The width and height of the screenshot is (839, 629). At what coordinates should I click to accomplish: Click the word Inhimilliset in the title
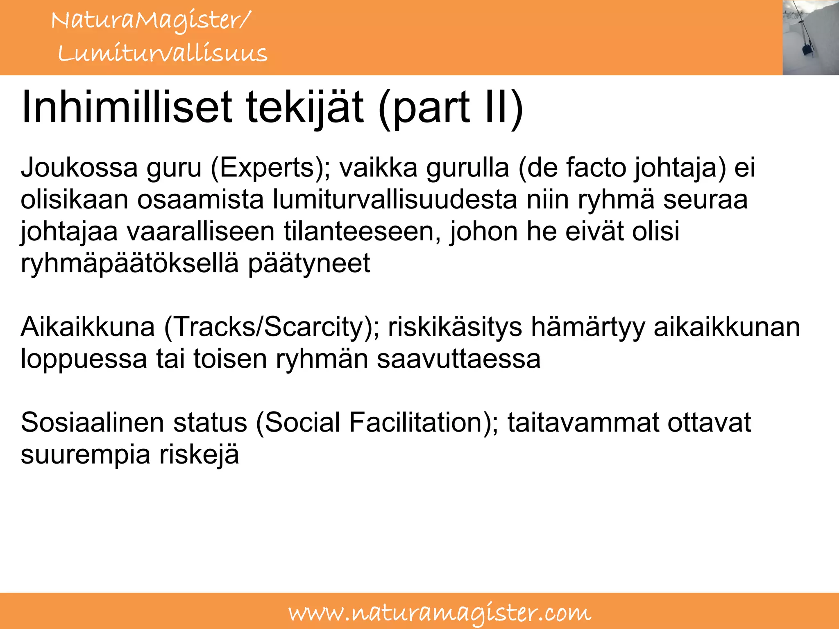127,107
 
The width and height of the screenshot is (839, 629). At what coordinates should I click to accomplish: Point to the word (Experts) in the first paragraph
270,168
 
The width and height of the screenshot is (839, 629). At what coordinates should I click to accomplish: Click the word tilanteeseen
362,231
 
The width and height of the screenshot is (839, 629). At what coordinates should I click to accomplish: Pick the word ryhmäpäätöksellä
129,263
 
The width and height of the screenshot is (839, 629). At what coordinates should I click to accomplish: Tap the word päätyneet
309,263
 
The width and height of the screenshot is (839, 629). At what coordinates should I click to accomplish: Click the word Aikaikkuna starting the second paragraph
88,327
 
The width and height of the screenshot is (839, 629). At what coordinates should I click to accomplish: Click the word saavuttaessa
458,359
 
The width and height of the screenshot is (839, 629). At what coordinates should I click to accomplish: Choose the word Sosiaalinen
93,422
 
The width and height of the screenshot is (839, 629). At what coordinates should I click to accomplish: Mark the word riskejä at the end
199,455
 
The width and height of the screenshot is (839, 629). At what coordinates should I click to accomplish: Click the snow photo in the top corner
810,38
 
